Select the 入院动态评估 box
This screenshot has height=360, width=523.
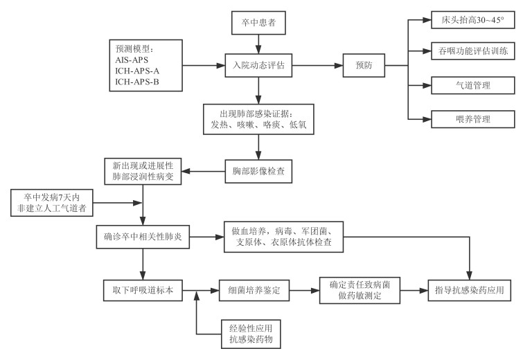tap(258, 66)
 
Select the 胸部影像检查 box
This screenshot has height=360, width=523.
tap(258, 170)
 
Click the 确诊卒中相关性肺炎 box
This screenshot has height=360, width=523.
tap(142, 237)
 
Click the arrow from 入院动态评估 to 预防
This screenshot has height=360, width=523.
tap(317, 66)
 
